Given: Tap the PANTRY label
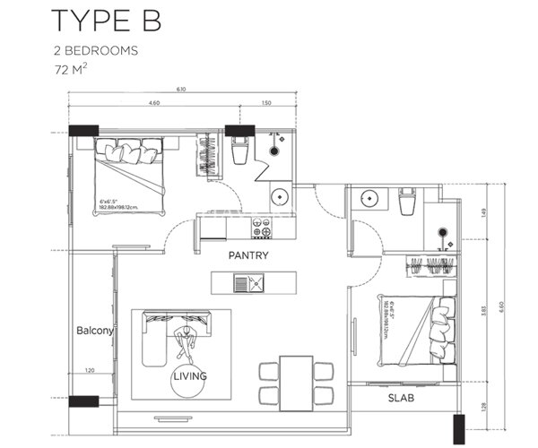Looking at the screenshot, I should pyautogui.click(x=248, y=256).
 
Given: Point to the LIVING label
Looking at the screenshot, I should pyautogui.click(x=189, y=376).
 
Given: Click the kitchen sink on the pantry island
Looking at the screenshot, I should pyautogui.click(x=248, y=284).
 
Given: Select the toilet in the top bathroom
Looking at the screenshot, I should pyautogui.click(x=239, y=151).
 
